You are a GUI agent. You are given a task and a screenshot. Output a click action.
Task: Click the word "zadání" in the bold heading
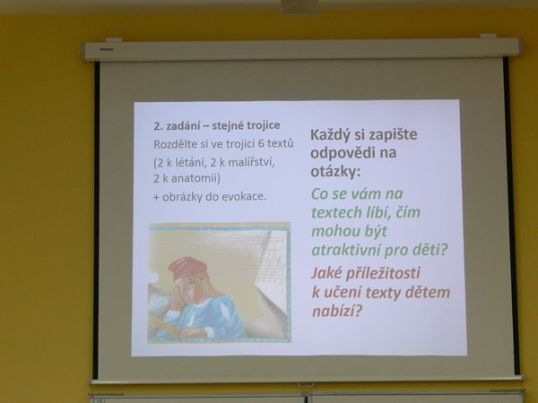coord(181,126)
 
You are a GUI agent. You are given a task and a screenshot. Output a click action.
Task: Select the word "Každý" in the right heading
coord(330,134)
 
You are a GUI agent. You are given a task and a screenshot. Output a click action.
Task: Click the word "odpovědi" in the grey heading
coord(341,153)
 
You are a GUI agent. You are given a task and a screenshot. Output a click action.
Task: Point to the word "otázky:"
coord(335,171)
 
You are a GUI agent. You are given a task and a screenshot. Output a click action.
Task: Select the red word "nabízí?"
coord(337,311)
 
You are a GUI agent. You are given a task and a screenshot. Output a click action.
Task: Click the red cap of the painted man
coord(187,267)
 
